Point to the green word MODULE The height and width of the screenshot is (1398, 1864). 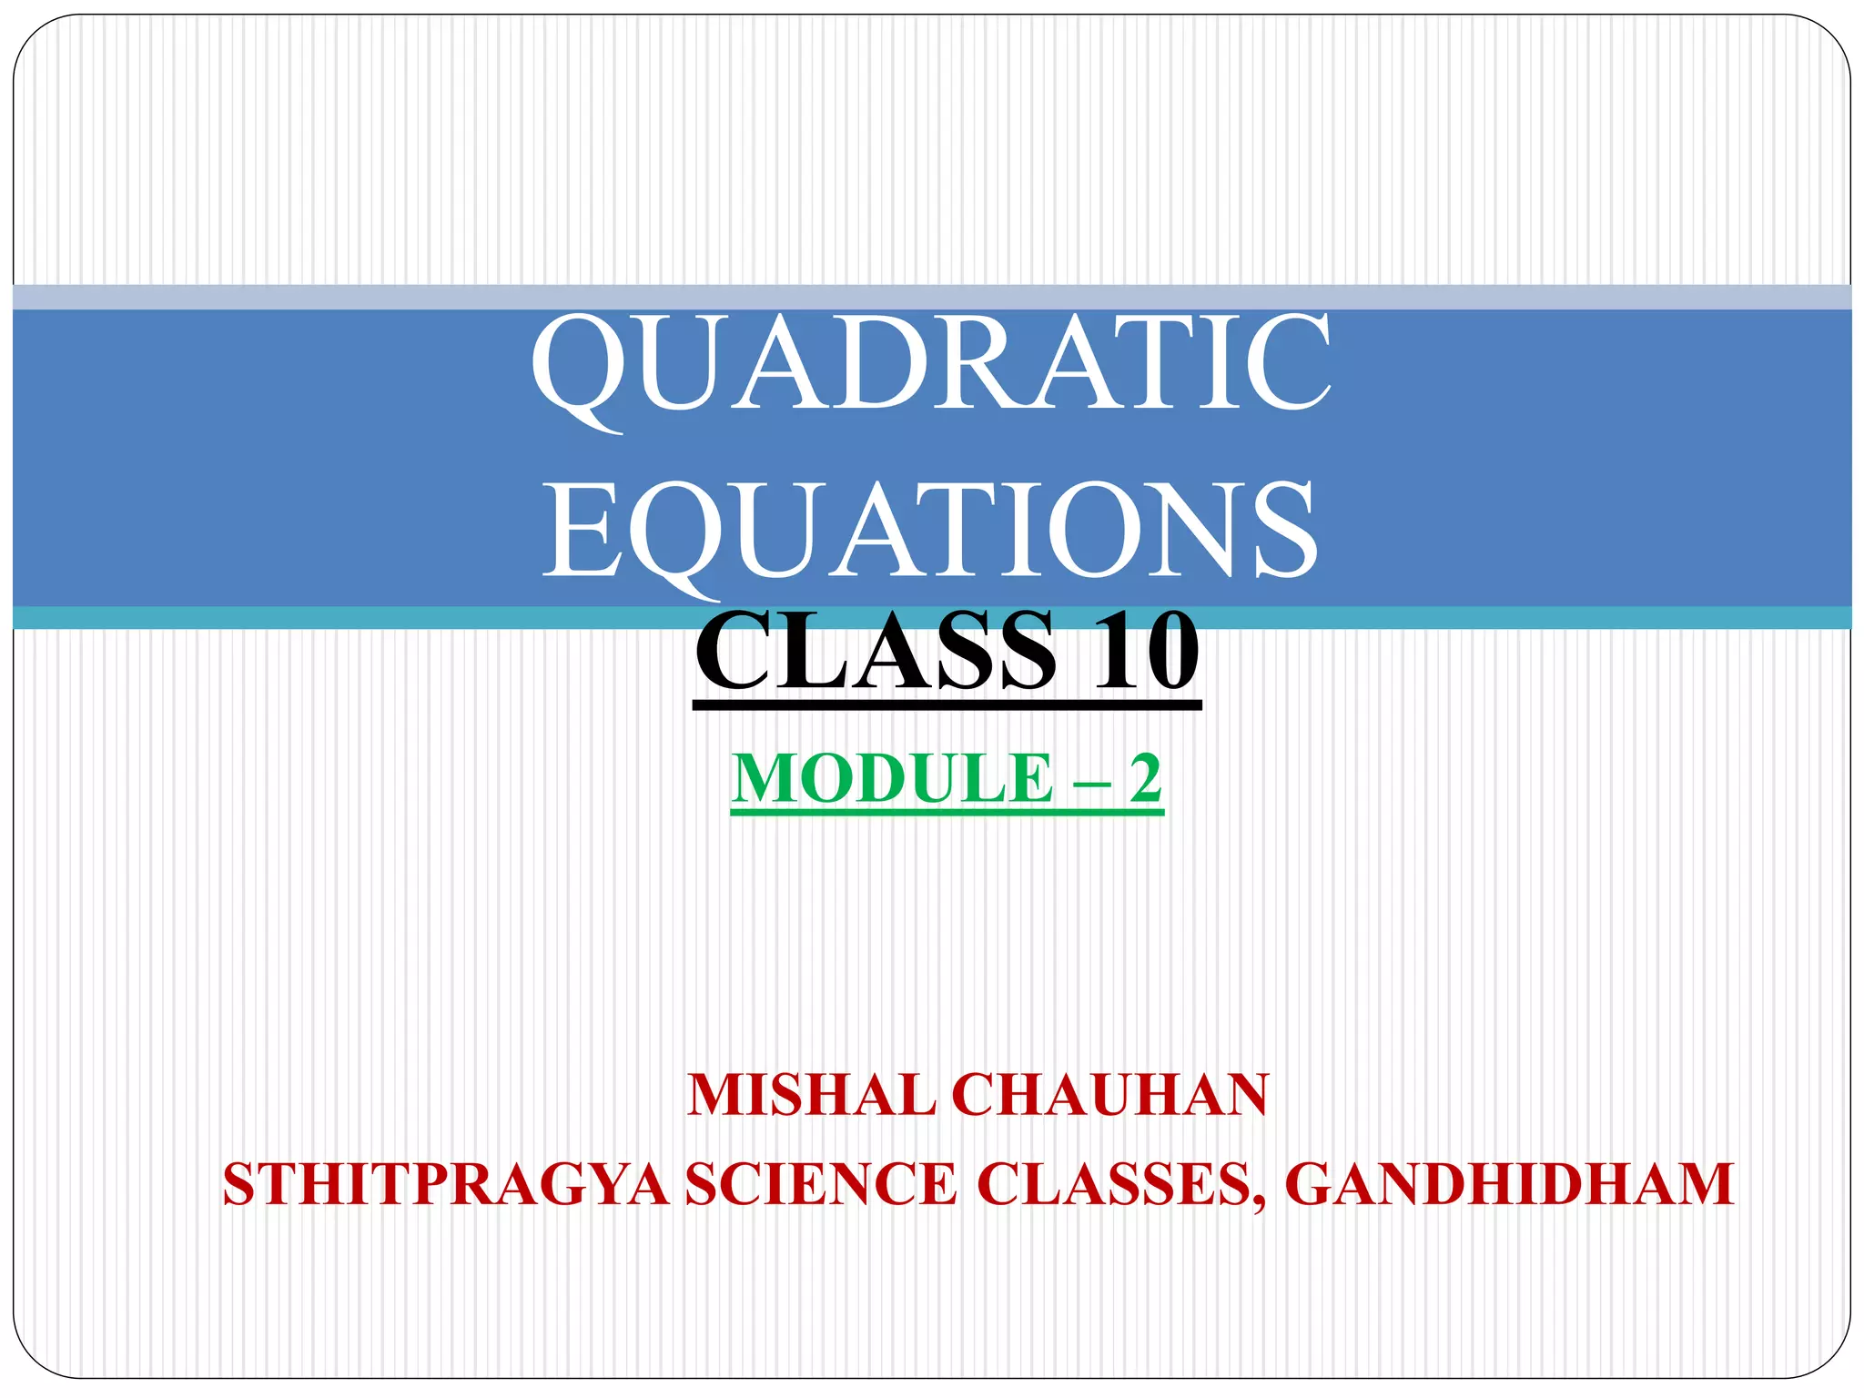point(891,778)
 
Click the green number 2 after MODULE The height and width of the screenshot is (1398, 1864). point(1145,778)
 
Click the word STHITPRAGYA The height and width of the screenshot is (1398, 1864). point(446,1184)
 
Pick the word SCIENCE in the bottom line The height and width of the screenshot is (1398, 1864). point(821,1184)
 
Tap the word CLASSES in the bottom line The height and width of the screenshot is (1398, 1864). point(1114,1184)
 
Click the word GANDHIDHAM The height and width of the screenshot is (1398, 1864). point(1509,1184)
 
